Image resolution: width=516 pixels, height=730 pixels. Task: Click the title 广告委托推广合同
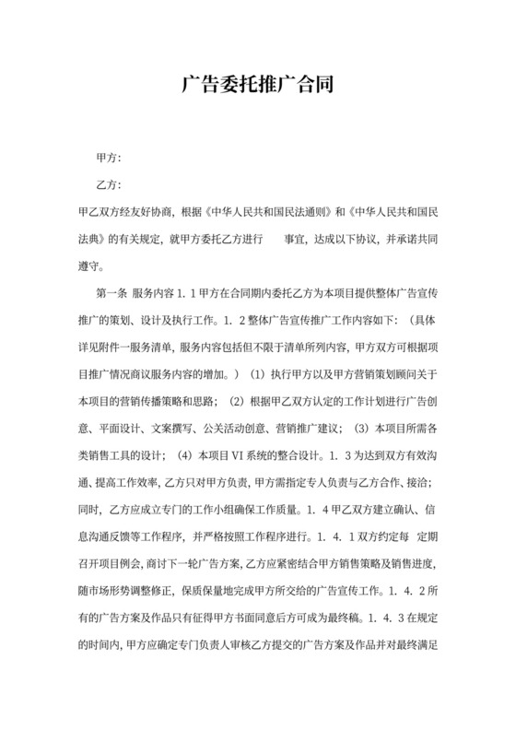pyautogui.click(x=257, y=86)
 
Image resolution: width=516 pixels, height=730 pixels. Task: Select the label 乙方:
pyautogui.click(x=109, y=184)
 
